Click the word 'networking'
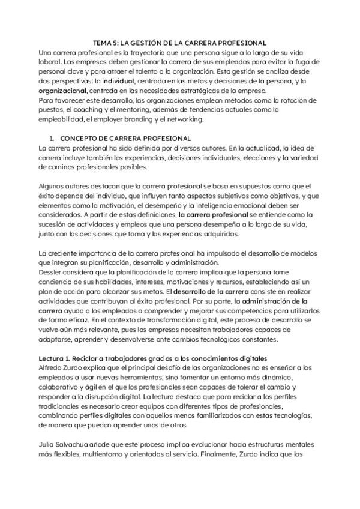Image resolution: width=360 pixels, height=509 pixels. [x=184, y=119]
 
